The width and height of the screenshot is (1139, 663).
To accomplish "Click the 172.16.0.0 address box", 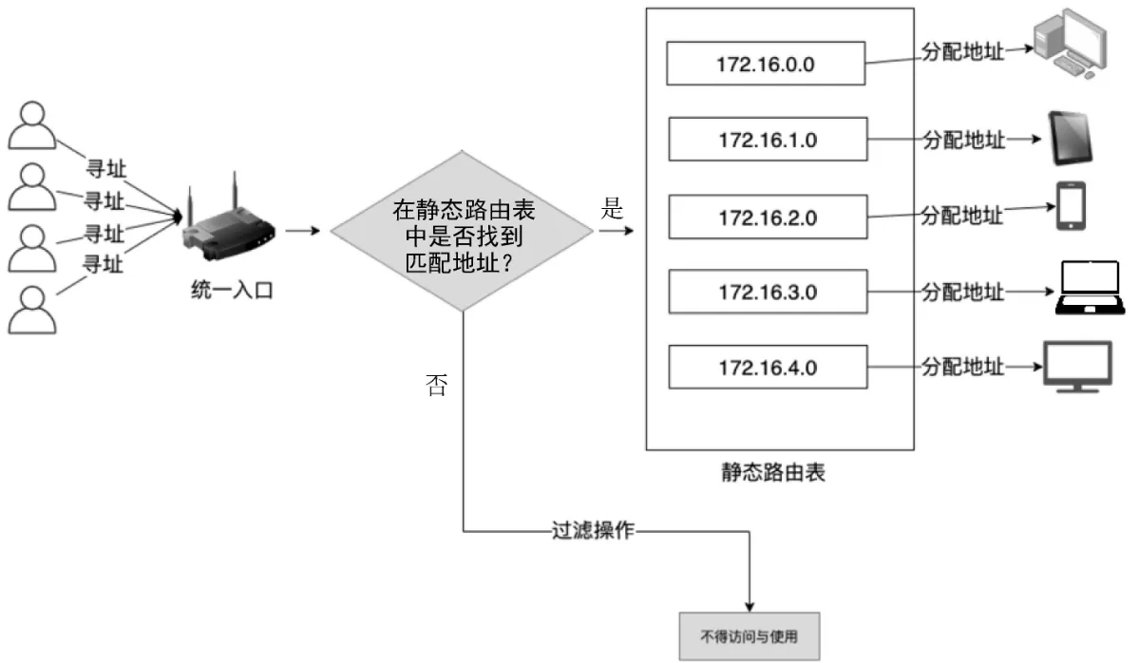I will pyautogui.click(x=766, y=64).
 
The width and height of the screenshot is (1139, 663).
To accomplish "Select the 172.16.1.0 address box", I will pyautogui.click(x=768, y=140).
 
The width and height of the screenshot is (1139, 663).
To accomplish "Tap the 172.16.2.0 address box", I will pyautogui.click(x=768, y=217).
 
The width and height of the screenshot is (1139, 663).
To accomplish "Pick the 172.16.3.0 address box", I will pyautogui.click(x=768, y=292).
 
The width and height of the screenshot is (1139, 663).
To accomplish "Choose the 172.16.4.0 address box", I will pyautogui.click(x=768, y=368).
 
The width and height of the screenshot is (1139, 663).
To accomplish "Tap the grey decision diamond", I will pyautogui.click(x=463, y=231).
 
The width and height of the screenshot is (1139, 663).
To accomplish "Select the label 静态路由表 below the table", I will pyautogui.click(x=772, y=472).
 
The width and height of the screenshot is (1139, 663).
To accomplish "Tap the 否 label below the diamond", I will pyautogui.click(x=435, y=385).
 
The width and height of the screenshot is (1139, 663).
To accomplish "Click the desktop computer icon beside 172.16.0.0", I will pyautogui.click(x=1071, y=44).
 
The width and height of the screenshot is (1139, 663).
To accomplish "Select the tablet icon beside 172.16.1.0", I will pyautogui.click(x=1071, y=138).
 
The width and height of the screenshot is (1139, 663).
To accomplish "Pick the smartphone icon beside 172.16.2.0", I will pyautogui.click(x=1072, y=206).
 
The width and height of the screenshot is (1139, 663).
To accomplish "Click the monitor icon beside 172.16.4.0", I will pyautogui.click(x=1077, y=365).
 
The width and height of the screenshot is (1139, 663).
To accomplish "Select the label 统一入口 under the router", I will pyautogui.click(x=232, y=291).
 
